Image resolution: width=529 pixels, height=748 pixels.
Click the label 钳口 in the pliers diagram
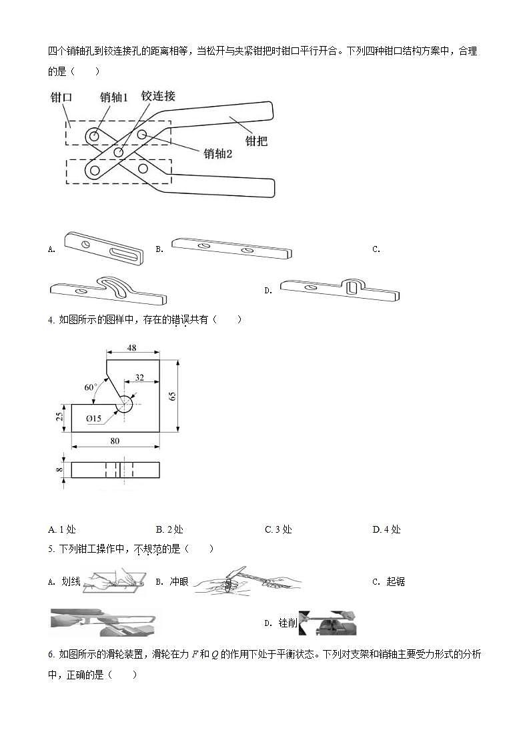pyautogui.click(x=61, y=97)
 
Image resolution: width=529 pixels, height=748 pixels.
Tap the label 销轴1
pyautogui.click(x=113, y=97)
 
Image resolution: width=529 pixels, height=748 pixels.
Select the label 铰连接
pyautogui.click(x=158, y=96)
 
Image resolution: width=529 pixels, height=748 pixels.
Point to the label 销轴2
pyautogui.click(x=218, y=153)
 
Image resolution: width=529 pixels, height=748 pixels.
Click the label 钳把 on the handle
pyautogui.click(x=257, y=141)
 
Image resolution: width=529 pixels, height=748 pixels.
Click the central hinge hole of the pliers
pyautogui.click(x=118, y=153)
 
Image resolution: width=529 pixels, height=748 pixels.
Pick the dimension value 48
pyautogui.click(x=132, y=348)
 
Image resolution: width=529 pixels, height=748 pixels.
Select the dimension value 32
pyautogui.click(x=139, y=377)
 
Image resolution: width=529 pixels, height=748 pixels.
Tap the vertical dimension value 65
pyautogui.click(x=172, y=395)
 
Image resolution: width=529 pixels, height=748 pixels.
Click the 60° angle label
pyautogui.click(x=90, y=387)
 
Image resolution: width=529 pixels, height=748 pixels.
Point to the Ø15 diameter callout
pyautogui.click(x=94, y=418)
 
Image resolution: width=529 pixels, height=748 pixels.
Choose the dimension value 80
pyautogui.click(x=115, y=440)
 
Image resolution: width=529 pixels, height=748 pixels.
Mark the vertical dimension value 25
pyautogui.click(x=59, y=417)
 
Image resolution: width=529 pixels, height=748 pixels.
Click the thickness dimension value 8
pyautogui.click(x=59, y=469)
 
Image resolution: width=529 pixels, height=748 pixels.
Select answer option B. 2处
pyautogui.click(x=169, y=529)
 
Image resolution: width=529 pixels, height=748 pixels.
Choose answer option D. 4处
pyautogui.click(x=386, y=529)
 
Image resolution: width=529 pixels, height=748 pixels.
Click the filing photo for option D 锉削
pyautogui.click(x=332, y=623)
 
